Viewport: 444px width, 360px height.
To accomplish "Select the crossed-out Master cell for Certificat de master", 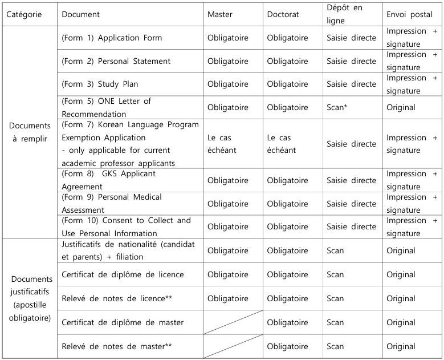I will coord(233,322).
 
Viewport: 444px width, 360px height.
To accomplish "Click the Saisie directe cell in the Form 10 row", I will coord(352,226).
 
